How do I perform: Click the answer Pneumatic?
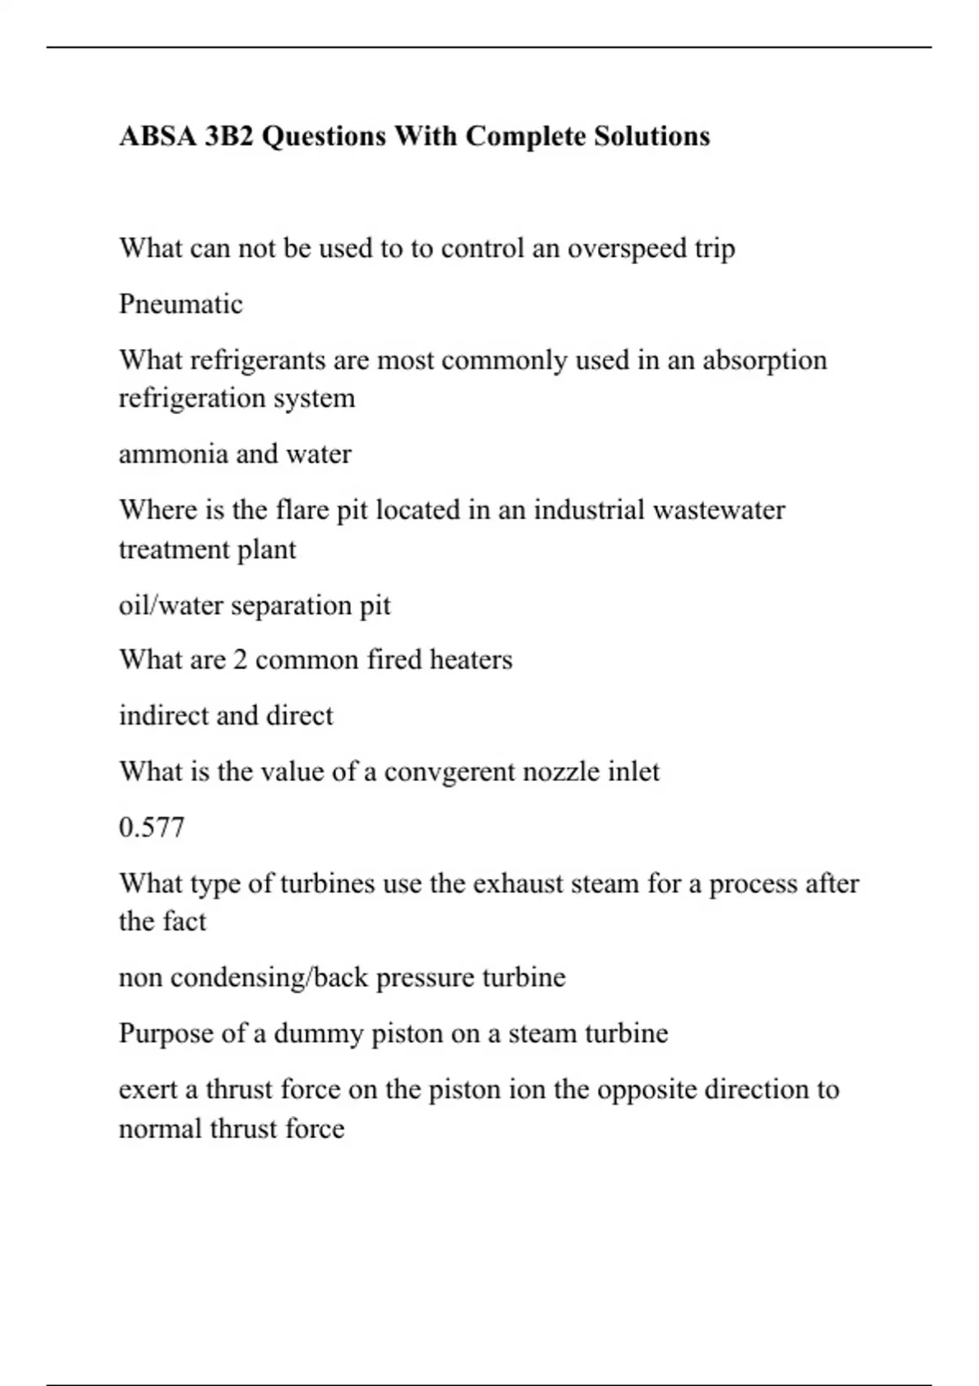click(180, 304)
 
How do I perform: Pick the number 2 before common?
click(240, 660)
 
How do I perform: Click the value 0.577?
click(152, 828)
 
